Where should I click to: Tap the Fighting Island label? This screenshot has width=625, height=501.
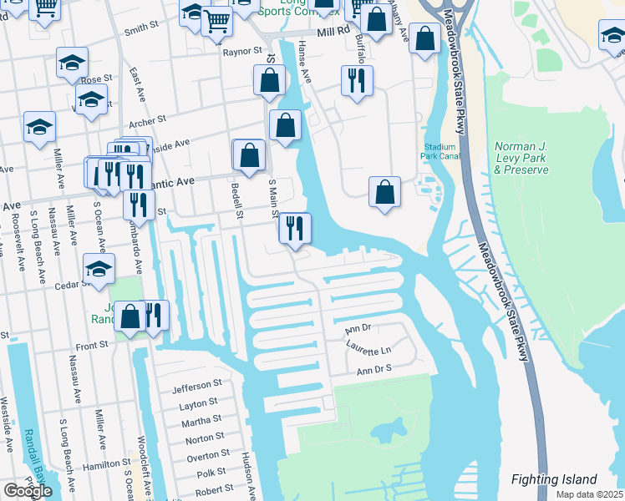coord(555,479)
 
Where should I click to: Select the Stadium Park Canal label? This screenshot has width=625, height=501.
coord(440,150)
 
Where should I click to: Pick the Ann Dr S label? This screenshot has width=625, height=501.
coord(374,369)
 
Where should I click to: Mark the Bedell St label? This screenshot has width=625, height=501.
coord(236,203)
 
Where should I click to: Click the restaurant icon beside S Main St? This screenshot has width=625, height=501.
coord(294,228)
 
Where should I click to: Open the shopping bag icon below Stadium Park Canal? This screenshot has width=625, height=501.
coord(384,191)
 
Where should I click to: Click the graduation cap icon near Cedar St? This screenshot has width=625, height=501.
coord(99,271)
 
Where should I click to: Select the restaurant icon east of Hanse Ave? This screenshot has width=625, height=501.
coord(357,80)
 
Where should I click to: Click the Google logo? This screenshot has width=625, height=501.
coord(27,491)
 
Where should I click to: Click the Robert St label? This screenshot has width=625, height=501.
coord(215,489)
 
